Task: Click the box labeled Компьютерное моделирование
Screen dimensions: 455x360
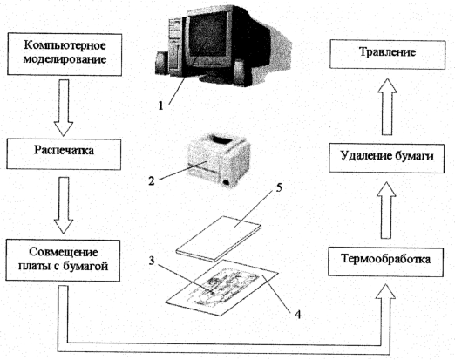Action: (65, 54)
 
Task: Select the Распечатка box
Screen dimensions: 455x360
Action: (64, 154)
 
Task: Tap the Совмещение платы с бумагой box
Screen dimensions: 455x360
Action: (63, 260)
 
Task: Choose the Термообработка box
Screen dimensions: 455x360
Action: (386, 262)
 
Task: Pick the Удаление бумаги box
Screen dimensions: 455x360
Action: (387, 158)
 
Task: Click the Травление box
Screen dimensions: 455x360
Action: (388, 55)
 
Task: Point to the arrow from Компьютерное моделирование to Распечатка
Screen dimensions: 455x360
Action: (64, 107)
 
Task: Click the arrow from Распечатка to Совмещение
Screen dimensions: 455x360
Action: (64, 205)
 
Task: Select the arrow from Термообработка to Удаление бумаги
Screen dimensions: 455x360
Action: (386, 210)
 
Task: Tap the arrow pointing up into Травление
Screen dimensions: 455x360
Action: (387, 106)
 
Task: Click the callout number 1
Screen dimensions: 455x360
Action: (160, 105)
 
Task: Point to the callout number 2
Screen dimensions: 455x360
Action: (151, 181)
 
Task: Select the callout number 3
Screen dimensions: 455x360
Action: (152, 261)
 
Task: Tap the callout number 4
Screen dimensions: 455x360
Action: (298, 314)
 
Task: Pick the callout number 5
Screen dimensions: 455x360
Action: (279, 187)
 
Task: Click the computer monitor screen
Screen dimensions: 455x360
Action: (207, 35)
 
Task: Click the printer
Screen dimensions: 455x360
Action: (219, 160)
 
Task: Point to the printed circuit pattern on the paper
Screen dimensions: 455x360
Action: (223, 286)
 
